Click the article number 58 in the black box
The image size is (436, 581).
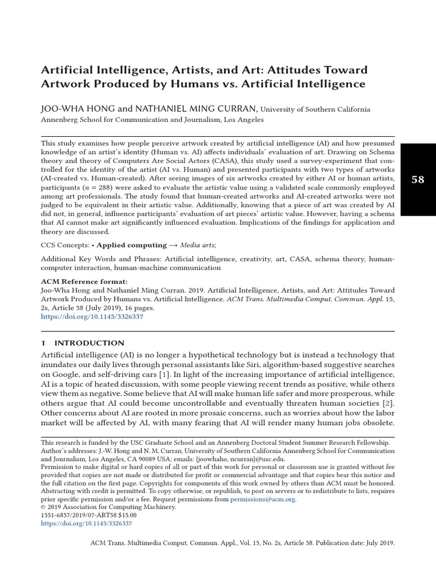[417, 180]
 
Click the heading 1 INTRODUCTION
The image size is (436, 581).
[83, 343]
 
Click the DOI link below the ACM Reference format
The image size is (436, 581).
[92, 317]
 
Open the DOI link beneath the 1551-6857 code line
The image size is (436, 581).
[87, 523]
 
